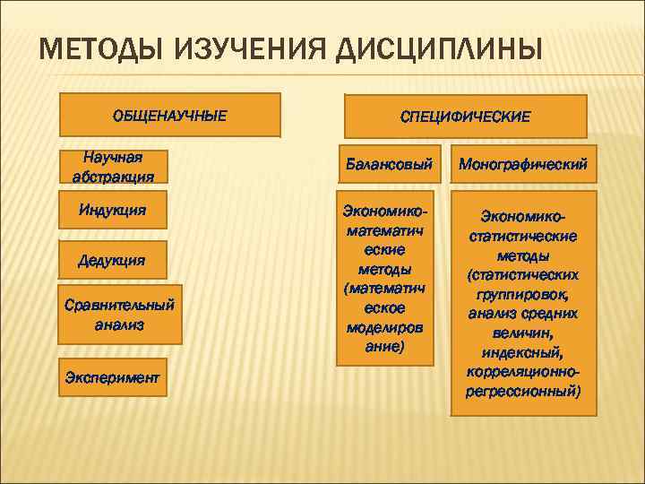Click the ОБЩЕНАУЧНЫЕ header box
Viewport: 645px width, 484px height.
(x=169, y=116)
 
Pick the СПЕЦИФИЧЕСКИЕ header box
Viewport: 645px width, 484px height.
(x=465, y=117)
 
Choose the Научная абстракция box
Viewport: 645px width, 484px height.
(x=113, y=167)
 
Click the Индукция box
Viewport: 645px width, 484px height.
(x=113, y=212)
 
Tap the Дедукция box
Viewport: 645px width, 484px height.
(x=113, y=260)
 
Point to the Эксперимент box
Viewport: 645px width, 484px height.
(x=113, y=377)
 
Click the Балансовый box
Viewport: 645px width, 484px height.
(x=390, y=165)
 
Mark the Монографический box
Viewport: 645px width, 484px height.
(x=523, y=165)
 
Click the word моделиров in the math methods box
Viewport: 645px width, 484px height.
(x=385, y=326)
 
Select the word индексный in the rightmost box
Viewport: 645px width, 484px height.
(x=523, y=352)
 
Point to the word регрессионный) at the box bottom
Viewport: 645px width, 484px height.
(x=523, y=392)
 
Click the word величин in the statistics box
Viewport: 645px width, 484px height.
(x=523, y=333)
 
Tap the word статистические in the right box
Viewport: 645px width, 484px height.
(x=523, y=237)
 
